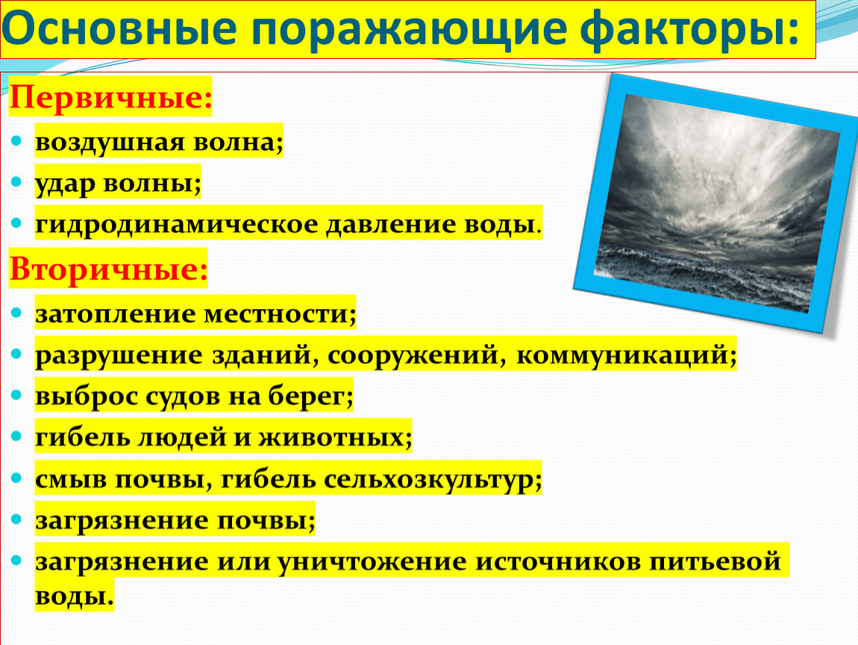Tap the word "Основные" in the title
pos(119,28)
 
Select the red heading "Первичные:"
pos(110,98)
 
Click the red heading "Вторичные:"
pos(108,269)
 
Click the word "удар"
pos(65,184)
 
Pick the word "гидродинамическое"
pos(176,225)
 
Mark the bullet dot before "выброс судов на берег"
pos(16,395)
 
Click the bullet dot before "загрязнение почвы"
pos(16,519)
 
